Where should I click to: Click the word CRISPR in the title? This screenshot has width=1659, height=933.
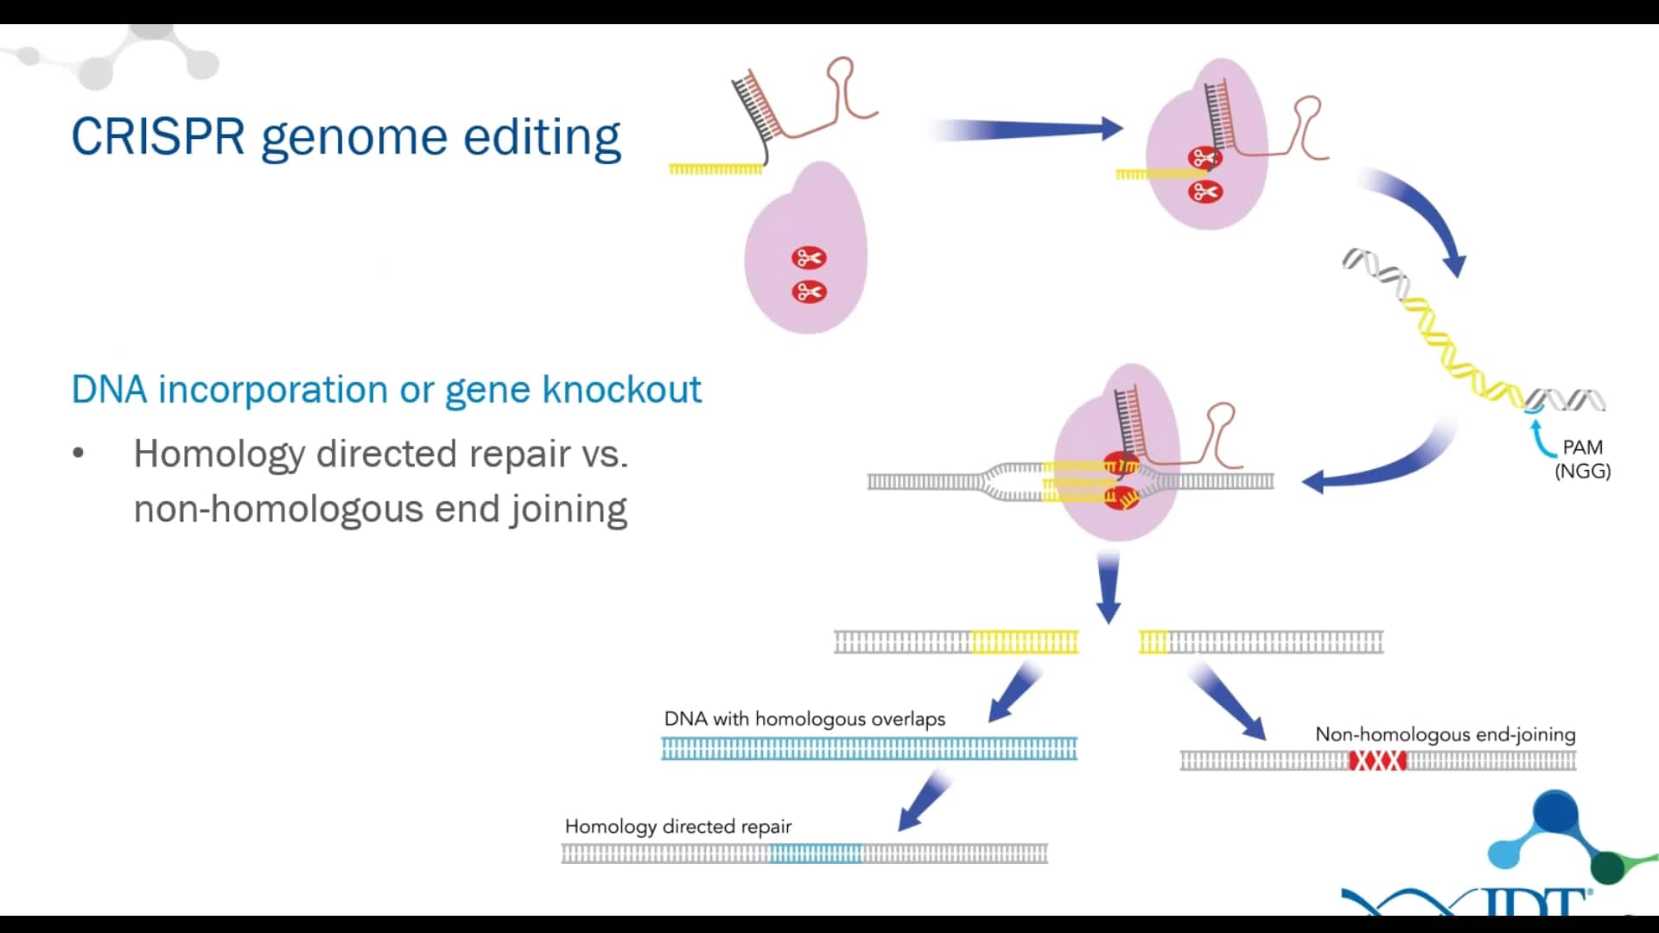click(157, 136)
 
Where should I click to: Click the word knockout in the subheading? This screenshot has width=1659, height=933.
click(621, 390)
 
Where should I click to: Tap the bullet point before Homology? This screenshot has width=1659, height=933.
click(79, 454)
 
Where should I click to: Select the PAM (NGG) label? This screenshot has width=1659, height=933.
click(1582, 459)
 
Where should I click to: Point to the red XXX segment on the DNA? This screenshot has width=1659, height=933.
click(1377, 760)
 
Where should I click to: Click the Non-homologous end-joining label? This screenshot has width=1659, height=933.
click(1445, 734)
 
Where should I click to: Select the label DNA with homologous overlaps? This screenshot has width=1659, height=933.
click(804, 719)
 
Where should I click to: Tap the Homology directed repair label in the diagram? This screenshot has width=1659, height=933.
click(677, 826)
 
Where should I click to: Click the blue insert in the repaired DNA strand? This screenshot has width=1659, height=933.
click(815, 854)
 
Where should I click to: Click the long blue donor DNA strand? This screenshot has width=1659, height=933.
click(868, 748)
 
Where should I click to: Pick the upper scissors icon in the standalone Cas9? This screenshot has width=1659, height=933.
click(809, 257)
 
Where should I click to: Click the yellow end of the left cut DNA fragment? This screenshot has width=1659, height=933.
click(1025, 642)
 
